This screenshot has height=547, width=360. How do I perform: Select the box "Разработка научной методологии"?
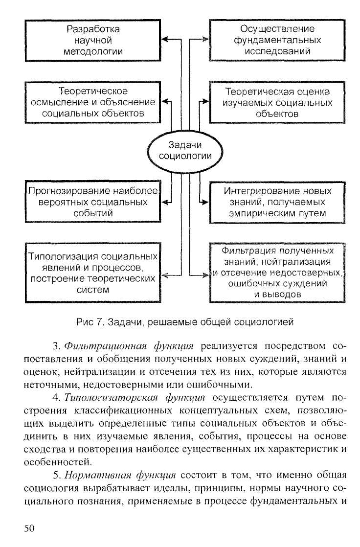tap(93, 40)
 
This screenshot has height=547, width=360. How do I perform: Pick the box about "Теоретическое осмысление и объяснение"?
tap(93, 102)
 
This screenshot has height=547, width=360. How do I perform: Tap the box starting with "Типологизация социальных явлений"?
tap(93, 273)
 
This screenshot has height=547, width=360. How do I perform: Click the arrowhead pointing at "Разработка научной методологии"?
tap(165, 40)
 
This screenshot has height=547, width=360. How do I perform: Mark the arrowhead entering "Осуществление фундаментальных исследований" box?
tap(206, 40)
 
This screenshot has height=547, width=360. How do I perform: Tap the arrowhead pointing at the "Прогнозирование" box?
tap(165, 201)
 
